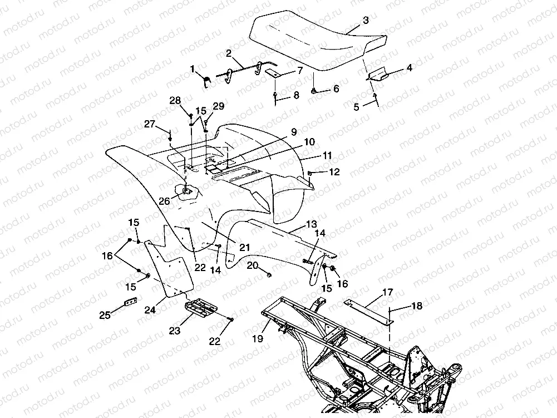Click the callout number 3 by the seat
pos(365,21)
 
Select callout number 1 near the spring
pos(193,69)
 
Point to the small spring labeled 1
pos(206,82)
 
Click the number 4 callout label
pos(409,68)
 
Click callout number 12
pos(333,173)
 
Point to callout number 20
pos(253,265)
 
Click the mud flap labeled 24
pos(170,267)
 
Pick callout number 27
pos(150,125)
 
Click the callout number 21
pos(244,247)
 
